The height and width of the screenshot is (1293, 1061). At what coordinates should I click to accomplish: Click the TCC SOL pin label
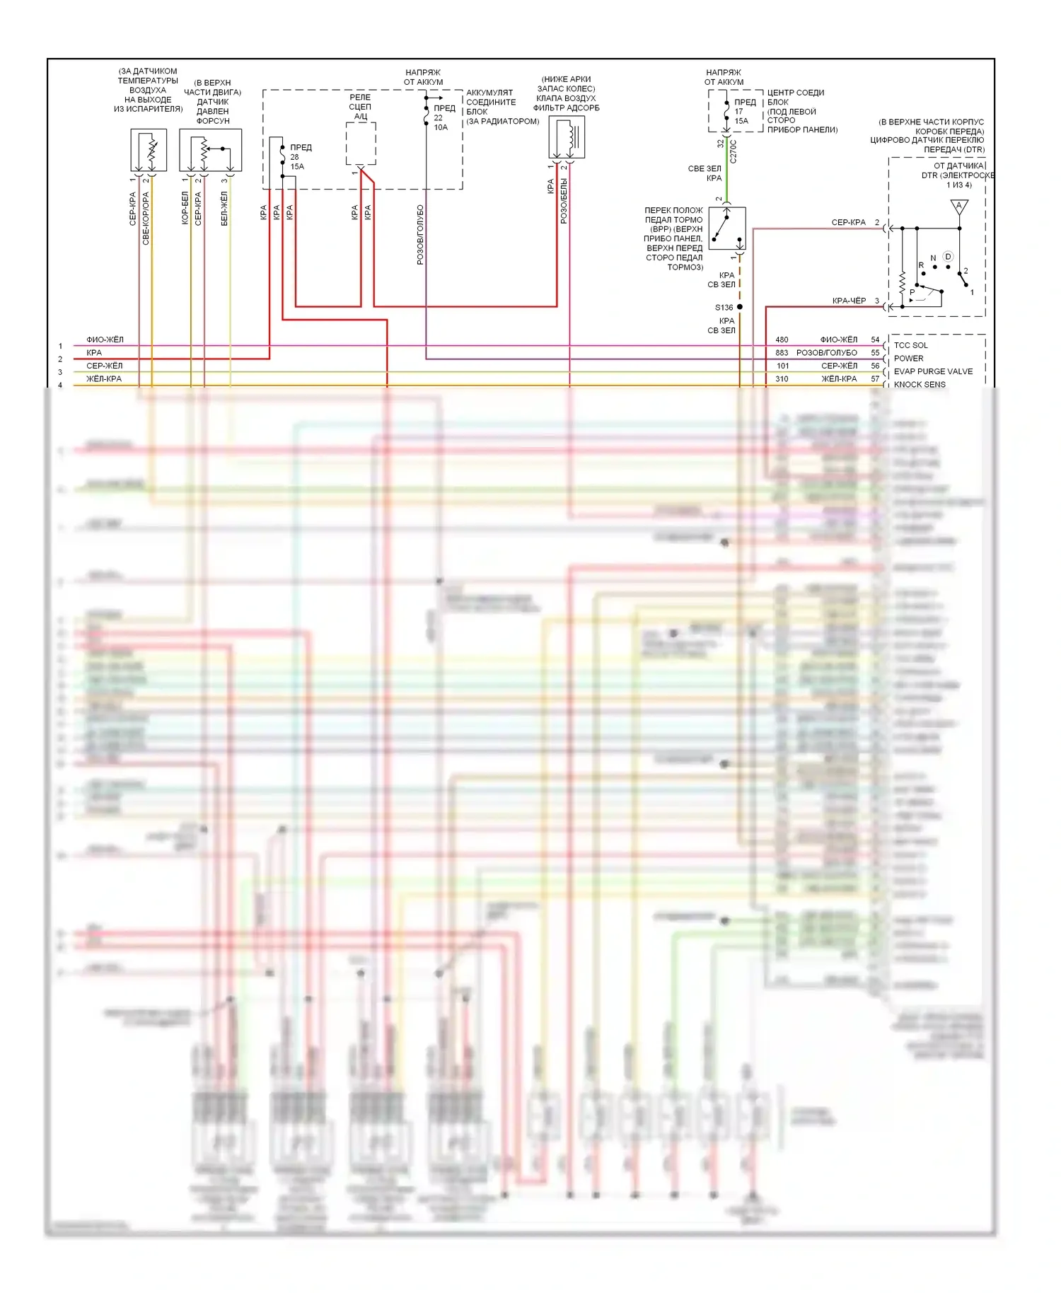[910, 345]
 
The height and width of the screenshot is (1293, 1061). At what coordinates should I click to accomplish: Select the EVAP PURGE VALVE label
[933, 371]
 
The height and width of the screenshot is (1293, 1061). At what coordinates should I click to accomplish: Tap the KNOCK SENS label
[920, 384]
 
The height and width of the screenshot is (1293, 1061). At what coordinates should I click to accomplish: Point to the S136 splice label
[724, 307]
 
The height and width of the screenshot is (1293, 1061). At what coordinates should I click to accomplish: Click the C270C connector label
[734, 151]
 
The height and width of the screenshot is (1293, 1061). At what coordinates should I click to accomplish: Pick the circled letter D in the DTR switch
[948, 257]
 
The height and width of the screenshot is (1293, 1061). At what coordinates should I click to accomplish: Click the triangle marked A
[959, 207]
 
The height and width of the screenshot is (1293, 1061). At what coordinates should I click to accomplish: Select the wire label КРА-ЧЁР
[849, 301]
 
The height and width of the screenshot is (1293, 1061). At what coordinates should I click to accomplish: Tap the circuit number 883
[782, 352]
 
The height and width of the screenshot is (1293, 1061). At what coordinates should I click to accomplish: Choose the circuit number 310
[782, 378]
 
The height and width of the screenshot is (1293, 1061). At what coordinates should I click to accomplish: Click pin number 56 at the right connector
[875, 366]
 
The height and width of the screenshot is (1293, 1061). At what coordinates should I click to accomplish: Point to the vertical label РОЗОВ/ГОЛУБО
[420, 235]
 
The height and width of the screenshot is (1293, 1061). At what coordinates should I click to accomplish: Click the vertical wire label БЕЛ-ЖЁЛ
[224, 208]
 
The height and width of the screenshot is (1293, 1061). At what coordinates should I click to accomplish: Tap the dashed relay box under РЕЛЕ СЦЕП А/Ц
[361, 144]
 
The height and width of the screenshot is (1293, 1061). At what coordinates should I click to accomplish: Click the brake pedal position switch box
[727, 228]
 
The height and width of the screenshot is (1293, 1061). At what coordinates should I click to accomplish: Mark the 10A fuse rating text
[441, 127]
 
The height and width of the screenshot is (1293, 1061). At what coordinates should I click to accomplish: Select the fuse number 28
[294, 157]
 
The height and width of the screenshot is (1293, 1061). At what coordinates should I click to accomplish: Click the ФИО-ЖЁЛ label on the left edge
[105, 340]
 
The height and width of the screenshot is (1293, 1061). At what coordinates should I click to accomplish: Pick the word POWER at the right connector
[908, 358]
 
